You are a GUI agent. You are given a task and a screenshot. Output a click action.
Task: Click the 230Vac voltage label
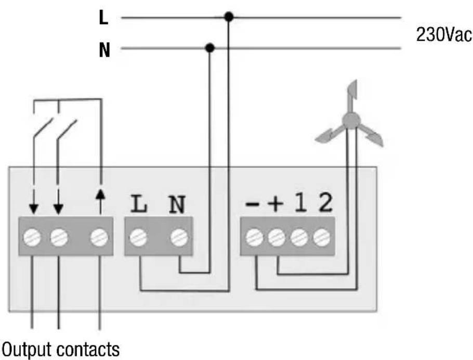coord(443,35)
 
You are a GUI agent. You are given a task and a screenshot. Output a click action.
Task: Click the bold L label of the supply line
coord(103,18)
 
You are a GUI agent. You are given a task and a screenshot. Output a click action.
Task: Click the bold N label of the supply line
coord(104,50)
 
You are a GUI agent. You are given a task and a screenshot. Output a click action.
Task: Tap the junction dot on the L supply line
coord(229,17)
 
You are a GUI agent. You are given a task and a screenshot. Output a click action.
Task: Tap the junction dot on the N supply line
coord(209,48)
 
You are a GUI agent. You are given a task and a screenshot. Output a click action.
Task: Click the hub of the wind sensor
coord(351,120)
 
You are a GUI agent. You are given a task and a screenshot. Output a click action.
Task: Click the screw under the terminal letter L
coord(138,237)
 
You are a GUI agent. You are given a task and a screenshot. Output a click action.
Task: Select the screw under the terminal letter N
coord(179,237)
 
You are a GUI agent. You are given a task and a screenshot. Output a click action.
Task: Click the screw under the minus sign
coord(254,237)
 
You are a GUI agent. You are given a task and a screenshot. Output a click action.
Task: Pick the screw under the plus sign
coord(277,237)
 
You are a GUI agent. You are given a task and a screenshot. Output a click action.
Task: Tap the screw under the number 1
coord(299,237)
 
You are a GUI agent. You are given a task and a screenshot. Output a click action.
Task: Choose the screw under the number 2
coord(322,237)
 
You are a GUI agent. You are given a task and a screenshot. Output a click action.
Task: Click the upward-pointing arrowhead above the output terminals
coord(100,194)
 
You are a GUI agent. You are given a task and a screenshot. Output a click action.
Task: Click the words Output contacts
coord(61,350)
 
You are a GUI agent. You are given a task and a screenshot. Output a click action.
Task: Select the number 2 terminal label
coord(326,202)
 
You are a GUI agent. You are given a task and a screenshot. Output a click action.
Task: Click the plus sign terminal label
coord(275,203)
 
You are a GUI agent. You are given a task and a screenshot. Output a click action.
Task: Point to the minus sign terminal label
coord(252,204)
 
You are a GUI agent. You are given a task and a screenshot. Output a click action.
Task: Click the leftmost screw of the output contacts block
coord(32,237)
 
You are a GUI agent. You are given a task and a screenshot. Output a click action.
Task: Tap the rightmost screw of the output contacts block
coord(99,237)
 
